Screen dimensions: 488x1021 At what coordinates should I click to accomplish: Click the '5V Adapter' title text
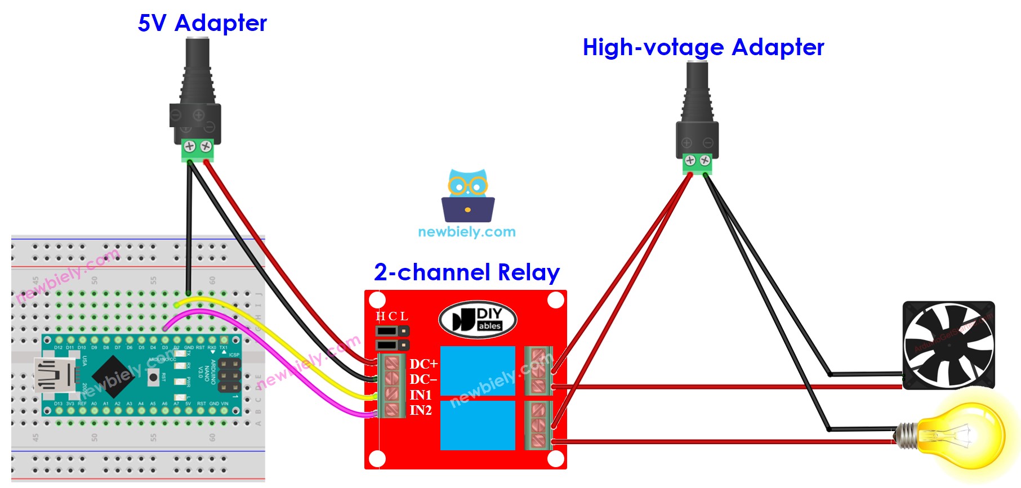click(x=202, y=24)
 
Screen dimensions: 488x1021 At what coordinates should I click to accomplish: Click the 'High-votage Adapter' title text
click(x=703, y=48)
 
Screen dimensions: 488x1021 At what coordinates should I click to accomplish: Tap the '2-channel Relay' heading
click(x=466, y=272)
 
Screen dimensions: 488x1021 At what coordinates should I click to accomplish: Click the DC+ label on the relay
click(x=423, y=364)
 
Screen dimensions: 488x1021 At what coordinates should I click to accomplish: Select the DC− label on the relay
click(x=423, y=379)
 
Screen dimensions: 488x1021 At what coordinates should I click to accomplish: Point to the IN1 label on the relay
click(x=421, y=395)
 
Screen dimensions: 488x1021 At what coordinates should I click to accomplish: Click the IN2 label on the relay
click(x=421, y=410)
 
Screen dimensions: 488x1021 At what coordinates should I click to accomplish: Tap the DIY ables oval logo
click(x=478, y=320)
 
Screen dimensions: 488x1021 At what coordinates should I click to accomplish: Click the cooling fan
click(x=948, y=344)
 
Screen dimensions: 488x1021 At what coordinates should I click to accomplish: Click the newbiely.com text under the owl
click(x=466, y=232)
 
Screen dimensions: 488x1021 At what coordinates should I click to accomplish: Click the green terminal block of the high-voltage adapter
click(x=697, y=163)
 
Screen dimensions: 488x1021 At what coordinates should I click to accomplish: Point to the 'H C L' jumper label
click(x=391, y=316)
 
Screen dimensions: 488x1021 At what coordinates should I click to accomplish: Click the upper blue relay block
click(x=478, y=370)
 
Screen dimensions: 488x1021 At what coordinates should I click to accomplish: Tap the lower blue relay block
click(x=478, y=425)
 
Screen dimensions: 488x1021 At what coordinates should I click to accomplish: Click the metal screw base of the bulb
click(x=906, y=436)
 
